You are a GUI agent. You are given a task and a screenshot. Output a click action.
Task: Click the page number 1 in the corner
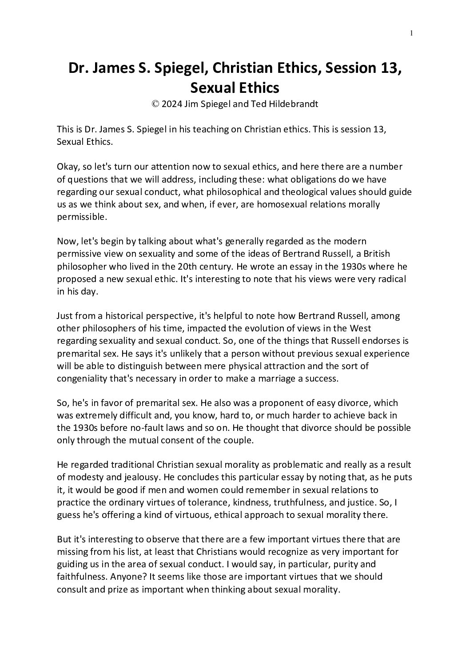pyautogui.click(x=411, y=32)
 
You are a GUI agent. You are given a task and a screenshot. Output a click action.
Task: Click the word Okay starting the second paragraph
pyautogui.click(x=67, y=167)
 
